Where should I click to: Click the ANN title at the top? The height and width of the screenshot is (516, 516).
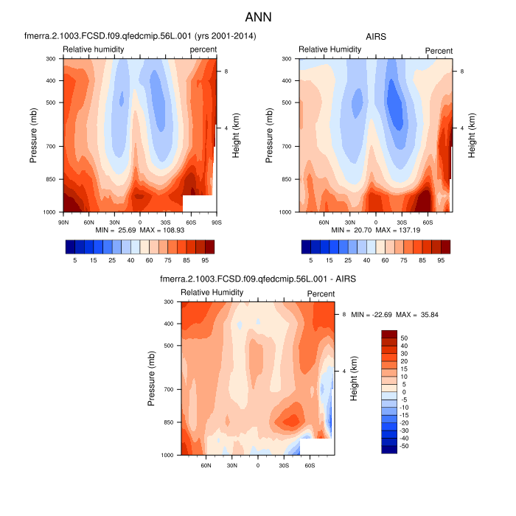tap(258, 15)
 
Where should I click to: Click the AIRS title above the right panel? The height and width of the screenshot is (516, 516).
tap(376, 36)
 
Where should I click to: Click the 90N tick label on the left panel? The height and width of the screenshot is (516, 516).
tap(63, 221)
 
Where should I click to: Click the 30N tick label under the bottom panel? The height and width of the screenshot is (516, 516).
tap(231, 465)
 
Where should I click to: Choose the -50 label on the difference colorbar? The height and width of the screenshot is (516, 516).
tap(404, 446)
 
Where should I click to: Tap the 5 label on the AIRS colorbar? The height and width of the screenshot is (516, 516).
tap(310, 260)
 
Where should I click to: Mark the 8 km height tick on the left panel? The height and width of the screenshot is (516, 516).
tap(226, 71)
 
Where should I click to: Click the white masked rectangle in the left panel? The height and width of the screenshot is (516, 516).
tap(198, 203)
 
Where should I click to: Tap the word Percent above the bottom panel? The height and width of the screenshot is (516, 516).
tap(321, 293)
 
